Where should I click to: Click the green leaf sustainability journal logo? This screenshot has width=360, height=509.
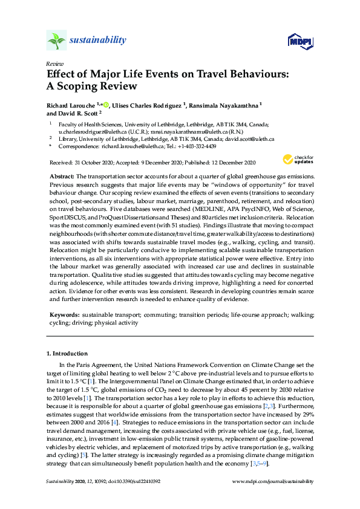[x=56, y=41]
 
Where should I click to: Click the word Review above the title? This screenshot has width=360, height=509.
[x=54, y=63]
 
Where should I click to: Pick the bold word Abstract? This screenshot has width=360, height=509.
[x=61, y=174]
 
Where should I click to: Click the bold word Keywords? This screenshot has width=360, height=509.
[x=64, y=316]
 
